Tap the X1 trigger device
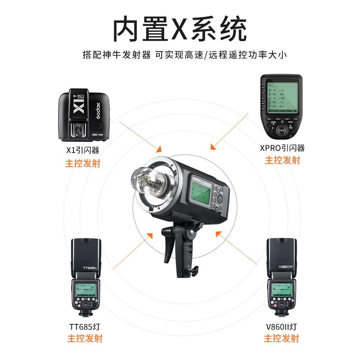(x=85, y=116)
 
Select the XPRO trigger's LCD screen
(x=282, y=98)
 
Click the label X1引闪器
(x=83, y=150)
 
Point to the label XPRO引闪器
(x=282, y=148)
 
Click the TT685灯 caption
(x=85, y=327)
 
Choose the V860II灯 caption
(x=282, y=327)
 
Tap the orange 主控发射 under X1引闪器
(x=83, y=163)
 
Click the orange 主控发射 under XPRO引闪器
(x=282, y=160)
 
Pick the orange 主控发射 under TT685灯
(x=85, y=338)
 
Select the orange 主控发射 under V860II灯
(x=282, y=338)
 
